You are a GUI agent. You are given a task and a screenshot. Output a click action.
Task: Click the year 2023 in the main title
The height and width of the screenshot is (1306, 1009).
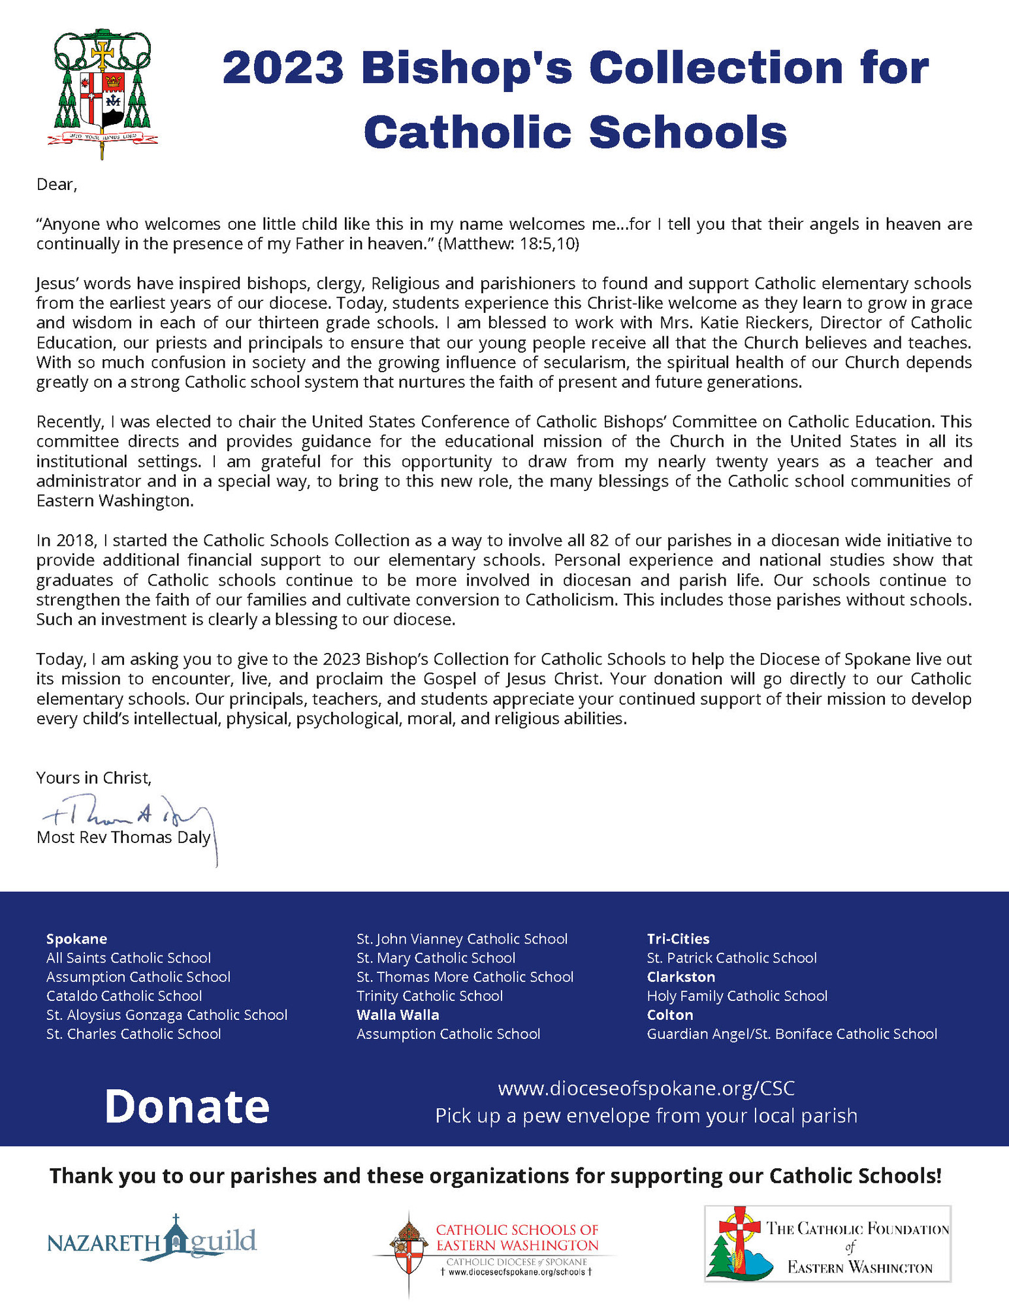tap(283, 68)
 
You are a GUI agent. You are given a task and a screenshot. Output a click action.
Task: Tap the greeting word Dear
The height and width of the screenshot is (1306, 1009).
tap(56, 185)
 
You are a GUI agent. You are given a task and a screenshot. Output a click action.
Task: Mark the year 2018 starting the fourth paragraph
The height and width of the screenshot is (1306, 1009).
tap(76, 541)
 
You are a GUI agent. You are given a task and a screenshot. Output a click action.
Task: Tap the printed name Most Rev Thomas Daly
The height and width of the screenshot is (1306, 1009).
tap(123, 838)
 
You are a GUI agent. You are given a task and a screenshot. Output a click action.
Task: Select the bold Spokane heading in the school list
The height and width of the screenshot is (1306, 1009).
tap(76, 939)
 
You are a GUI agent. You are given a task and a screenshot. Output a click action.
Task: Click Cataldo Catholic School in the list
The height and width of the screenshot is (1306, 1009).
tap(124, 996)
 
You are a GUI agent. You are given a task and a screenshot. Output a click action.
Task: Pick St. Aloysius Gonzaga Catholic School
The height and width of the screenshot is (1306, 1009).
tap(167, 1015)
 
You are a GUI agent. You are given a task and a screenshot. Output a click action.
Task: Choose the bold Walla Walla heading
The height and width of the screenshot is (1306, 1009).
tap(398, 1015)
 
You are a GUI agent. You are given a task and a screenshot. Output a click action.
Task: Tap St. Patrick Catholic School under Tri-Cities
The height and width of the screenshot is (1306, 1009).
tap(731, 958)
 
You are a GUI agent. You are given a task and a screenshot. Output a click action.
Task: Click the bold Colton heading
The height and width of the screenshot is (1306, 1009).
tap(670, 1015)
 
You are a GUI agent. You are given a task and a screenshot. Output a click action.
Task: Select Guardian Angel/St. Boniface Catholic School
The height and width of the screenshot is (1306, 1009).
tap(792, 1034)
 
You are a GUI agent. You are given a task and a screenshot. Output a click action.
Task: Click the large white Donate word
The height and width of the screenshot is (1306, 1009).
tap(187, 1106)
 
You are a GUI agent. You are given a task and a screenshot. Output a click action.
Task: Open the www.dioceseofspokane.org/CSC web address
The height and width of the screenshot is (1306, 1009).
tap(646, 1089)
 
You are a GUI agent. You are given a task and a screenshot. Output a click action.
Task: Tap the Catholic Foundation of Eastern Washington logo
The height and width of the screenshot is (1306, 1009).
tap(827, 1243)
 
